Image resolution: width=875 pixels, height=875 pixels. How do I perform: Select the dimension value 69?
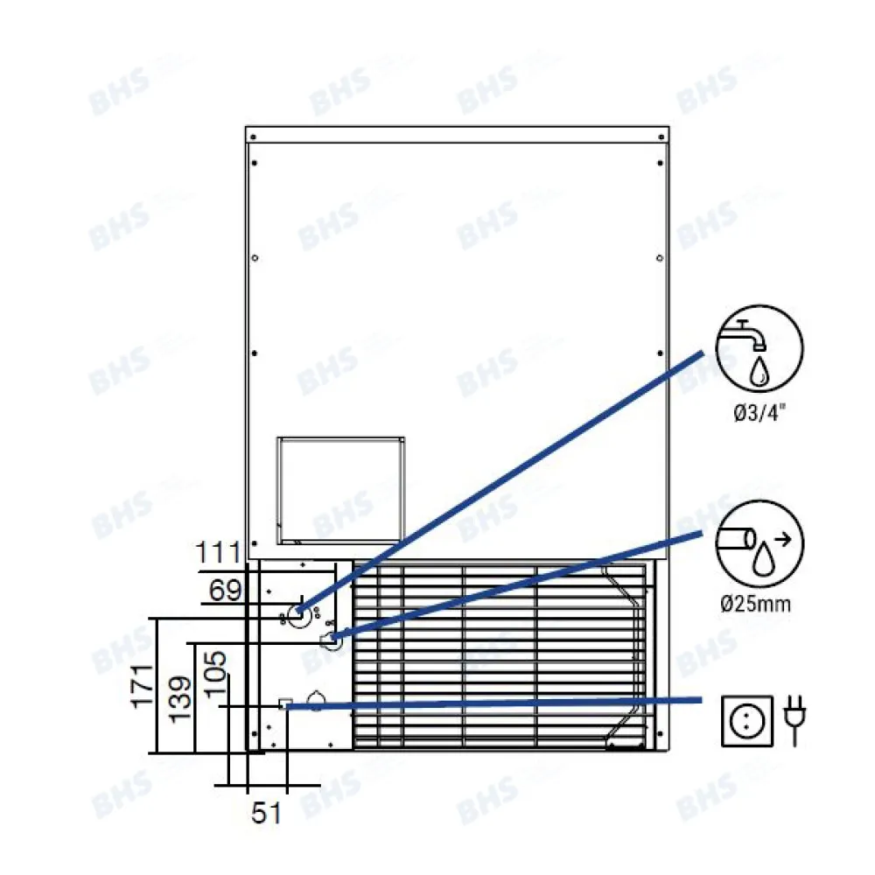point(226,591)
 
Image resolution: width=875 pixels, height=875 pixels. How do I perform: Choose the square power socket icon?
point(747,721)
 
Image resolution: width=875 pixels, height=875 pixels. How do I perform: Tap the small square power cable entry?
point(284,704)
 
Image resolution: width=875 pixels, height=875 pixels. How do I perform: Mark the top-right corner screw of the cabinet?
point(660,137)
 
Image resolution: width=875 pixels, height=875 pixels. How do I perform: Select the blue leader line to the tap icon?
point(507,478)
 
